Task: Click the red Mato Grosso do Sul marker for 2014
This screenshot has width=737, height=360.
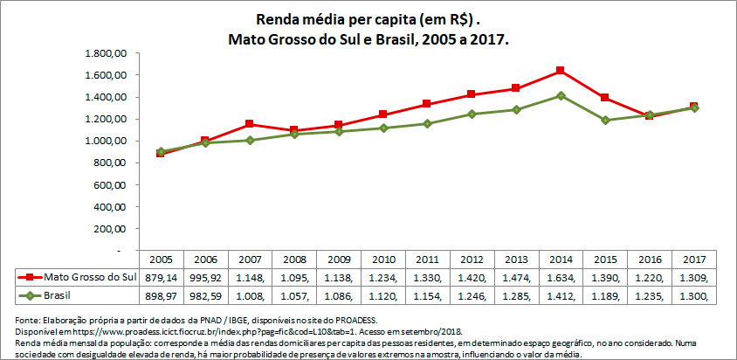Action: click(560, 71)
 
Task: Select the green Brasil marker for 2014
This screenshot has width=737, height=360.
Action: click(560, 95)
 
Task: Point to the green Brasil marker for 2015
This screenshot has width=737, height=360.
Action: click(604, 120)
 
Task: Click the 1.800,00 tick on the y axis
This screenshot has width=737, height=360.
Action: click(107, 53)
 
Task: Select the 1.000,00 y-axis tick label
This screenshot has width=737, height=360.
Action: click(107, 141)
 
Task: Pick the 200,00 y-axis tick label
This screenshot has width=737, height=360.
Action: click(113, 228)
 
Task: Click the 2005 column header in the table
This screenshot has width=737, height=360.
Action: click(161, 260)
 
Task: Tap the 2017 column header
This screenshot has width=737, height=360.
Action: click(693, 260)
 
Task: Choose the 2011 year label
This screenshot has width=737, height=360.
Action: click(427, 260)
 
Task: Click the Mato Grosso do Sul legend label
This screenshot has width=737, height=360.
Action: click(90, 277)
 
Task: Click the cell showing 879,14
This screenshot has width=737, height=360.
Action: click(161, 277)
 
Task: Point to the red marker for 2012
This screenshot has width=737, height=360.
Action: click(472, 94)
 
